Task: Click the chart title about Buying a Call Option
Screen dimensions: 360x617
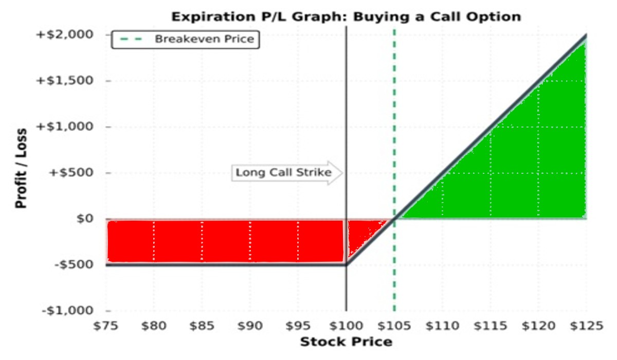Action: pos(346,16)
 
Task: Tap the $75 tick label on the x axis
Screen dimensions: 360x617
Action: pos(106,326)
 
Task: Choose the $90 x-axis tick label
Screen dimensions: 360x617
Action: pos(250,326)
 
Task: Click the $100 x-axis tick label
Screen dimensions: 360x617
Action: pos(346,326)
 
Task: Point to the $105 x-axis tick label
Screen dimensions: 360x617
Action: pos(394,326)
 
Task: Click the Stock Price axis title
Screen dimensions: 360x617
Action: pos(346,342)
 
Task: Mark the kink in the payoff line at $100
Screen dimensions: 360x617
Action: pos(346,265)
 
